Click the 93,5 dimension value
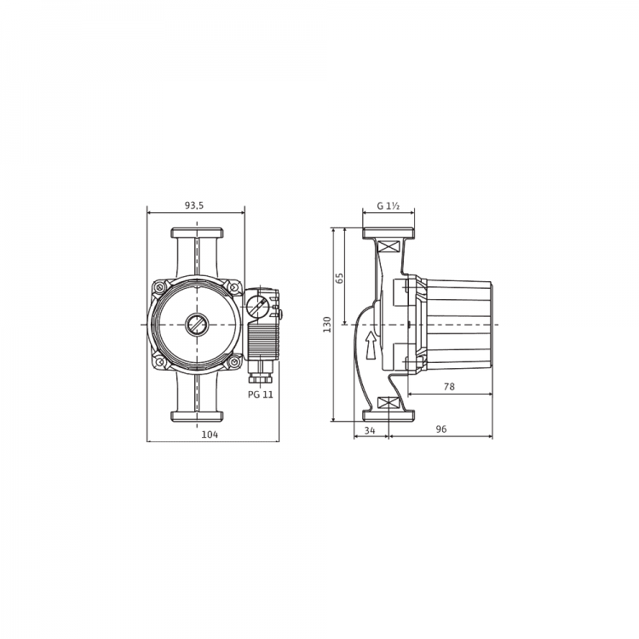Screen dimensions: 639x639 (194, 206)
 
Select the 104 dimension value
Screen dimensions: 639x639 (210, 435)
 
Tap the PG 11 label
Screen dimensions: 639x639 (261, 394)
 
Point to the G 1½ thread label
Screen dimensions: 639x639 (388, 206)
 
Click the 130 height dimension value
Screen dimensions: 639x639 (327, 325)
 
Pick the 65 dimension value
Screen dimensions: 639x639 (339, 279)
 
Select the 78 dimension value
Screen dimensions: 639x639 (449, 386)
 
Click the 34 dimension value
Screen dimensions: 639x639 (370, 430)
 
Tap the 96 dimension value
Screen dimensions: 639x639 (441, 429)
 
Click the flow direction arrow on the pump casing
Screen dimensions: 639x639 (371, 345)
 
